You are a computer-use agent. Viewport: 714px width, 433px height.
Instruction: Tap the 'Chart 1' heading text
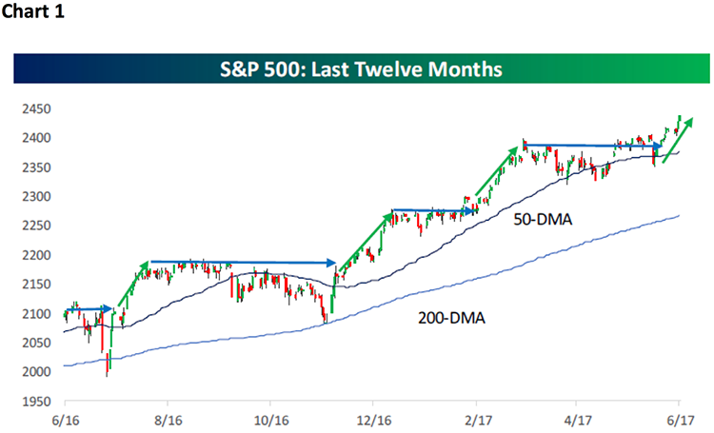coord(33,15)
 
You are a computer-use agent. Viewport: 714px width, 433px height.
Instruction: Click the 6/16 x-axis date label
coord(64,418)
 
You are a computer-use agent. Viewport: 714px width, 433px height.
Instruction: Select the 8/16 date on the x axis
coord(167,418)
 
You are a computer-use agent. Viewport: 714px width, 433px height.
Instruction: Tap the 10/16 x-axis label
coord(270,418)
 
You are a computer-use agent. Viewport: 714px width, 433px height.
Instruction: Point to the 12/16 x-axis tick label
coord(374,418)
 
